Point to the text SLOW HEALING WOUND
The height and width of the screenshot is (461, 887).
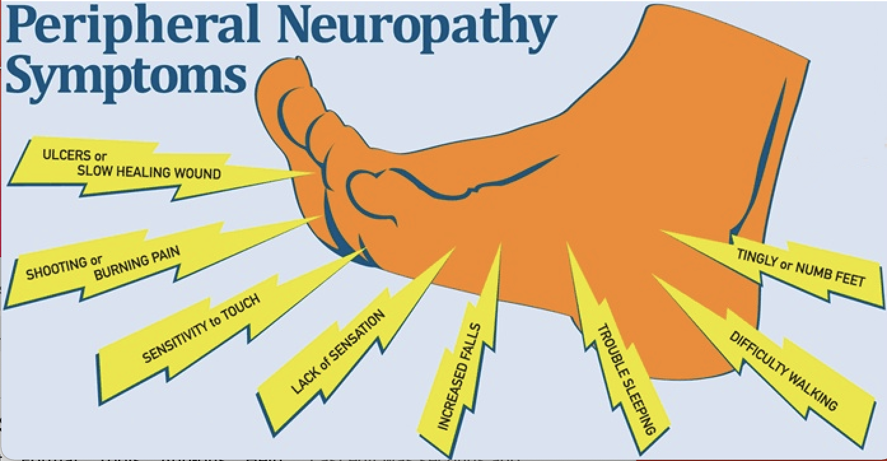click(x=149, y=173)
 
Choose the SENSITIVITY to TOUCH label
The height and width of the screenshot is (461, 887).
click(x=200, y=329)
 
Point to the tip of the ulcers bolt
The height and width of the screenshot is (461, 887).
click(x=316, y=173)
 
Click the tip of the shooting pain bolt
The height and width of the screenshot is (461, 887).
click(x=322, y=216)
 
